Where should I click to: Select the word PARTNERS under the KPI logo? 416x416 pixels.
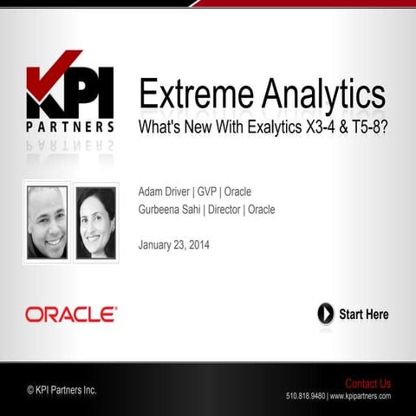coord(70,127)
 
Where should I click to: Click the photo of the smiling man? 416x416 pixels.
coord(46,222)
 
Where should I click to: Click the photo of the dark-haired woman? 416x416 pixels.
coord(95,222)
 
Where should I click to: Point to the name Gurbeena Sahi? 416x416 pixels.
coord(169,210)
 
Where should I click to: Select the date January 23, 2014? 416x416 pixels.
coord(173,244)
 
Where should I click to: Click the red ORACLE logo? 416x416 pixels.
coord(71,314)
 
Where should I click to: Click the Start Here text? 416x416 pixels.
coord(363,314)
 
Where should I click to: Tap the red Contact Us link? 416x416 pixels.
coord(367,383)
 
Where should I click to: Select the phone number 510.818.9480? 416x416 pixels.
coord(305,396)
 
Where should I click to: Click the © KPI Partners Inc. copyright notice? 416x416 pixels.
coord(62,390)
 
